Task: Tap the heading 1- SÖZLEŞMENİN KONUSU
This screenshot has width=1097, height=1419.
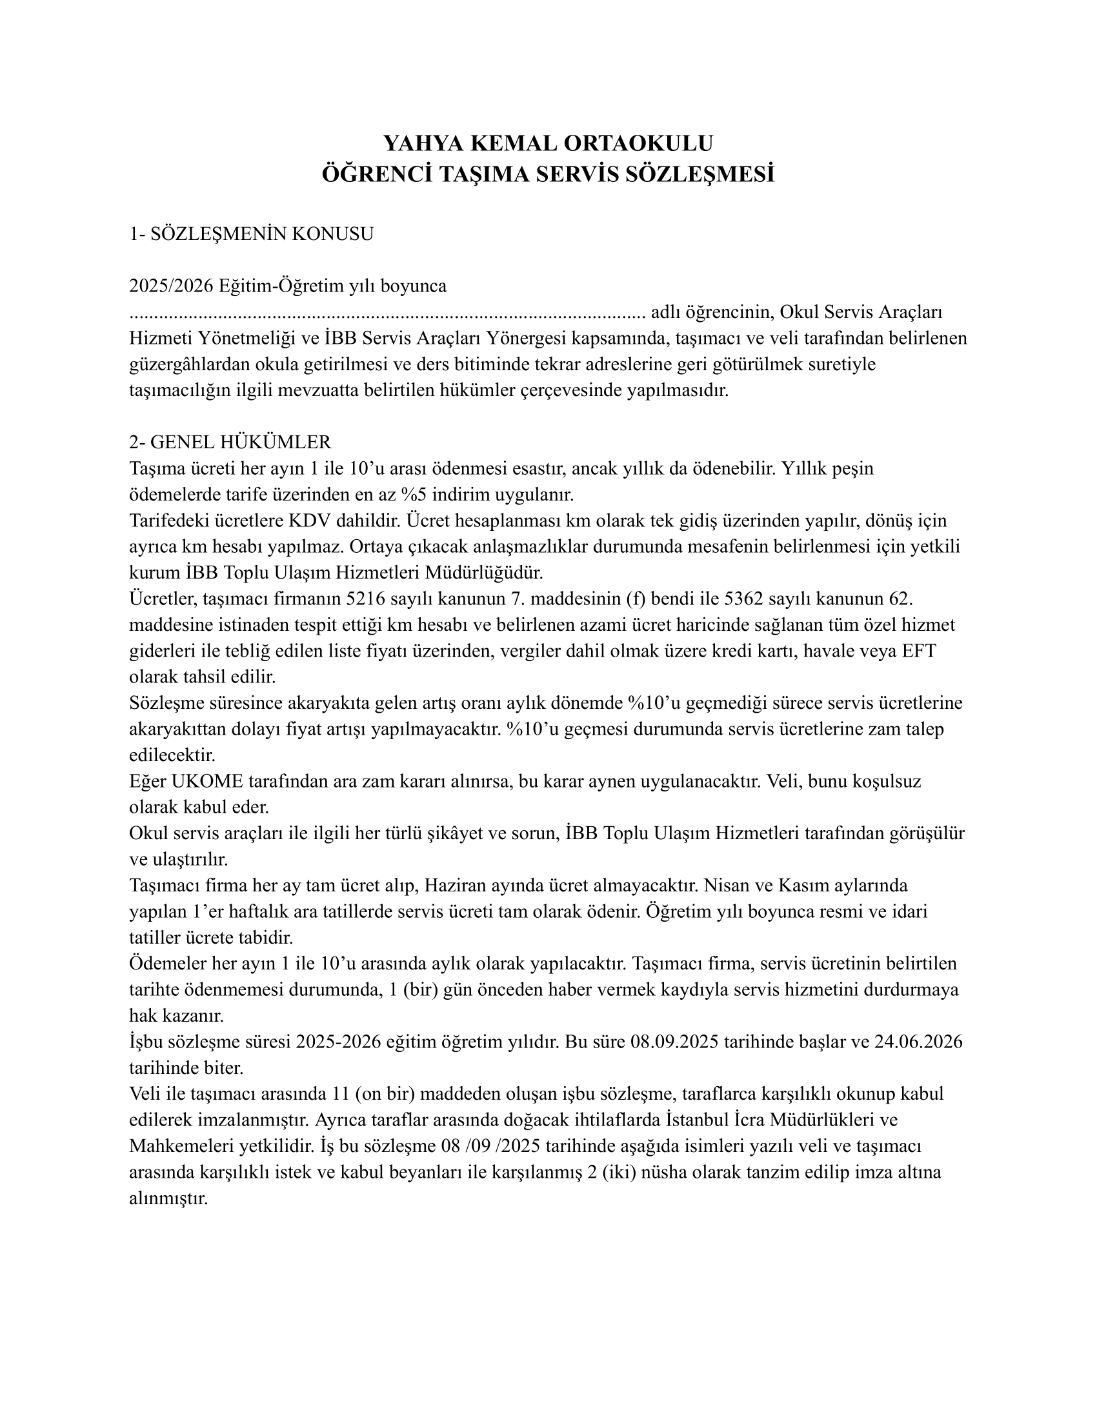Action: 252,234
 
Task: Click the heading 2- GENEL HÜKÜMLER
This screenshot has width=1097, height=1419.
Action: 230,442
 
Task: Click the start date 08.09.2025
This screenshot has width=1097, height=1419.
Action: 674,1042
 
